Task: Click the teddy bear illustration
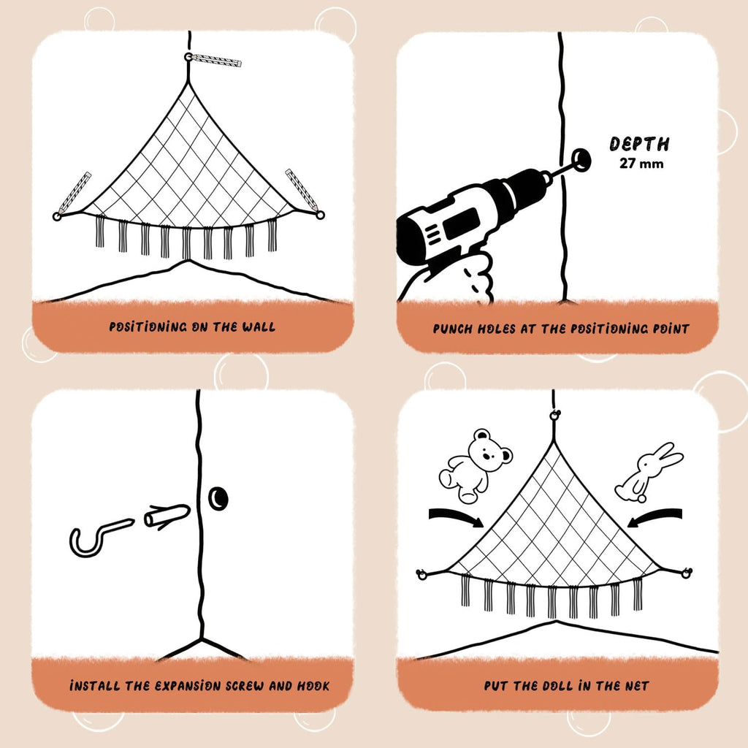[475, 465]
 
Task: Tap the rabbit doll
[649, 473]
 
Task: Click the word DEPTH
[639, 144]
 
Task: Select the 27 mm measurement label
[641, 164]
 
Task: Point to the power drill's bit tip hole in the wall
[581, 159]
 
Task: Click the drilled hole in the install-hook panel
[218, 498]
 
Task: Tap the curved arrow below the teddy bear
[456, 517]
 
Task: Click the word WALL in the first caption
[259, 327]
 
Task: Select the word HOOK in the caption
[313, 686]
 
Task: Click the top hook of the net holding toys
[554, 416]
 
